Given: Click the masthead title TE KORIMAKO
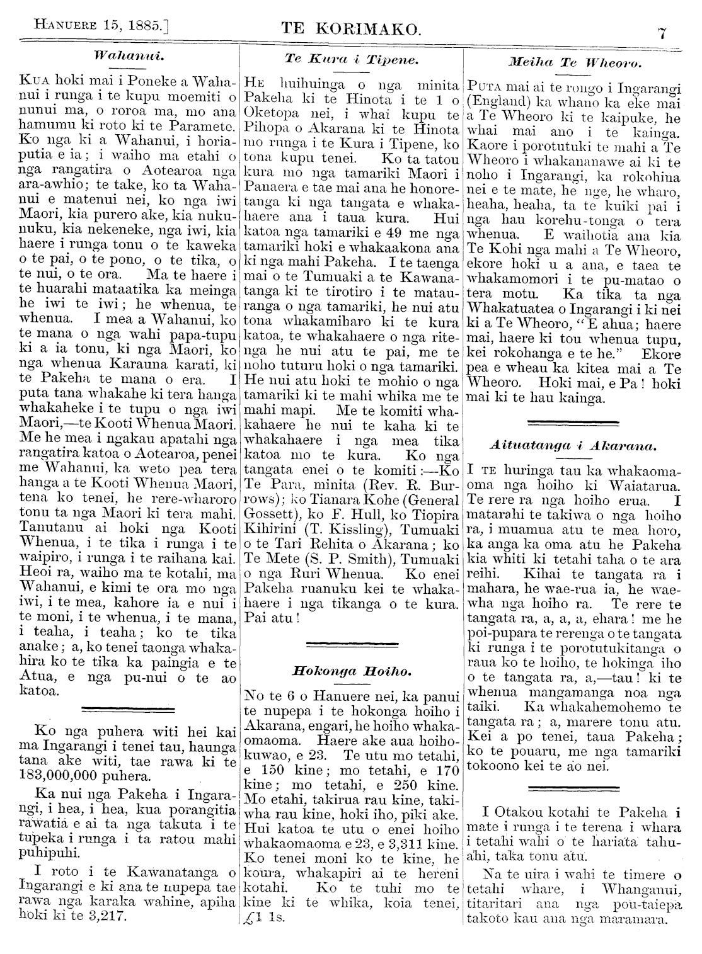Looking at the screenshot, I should (x=350, y=29).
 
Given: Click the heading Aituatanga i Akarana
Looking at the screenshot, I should (x=574, y=446).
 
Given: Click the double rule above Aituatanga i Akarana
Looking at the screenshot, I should (x=574, y=419).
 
